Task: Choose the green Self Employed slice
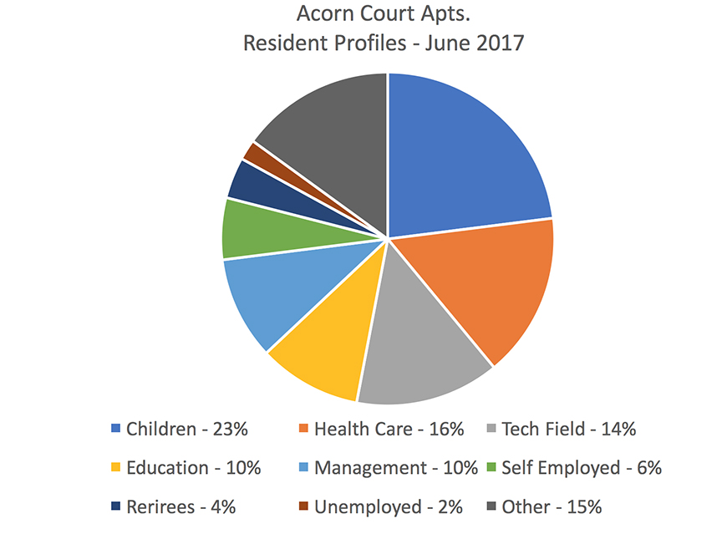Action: [251, 230]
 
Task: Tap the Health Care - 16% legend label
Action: [389, 430]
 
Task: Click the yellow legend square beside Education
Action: [115, 469]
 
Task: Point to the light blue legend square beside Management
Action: [303, 469]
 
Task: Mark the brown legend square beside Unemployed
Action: [303, 507]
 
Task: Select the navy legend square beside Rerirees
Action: [115, 507]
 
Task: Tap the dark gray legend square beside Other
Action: [490, 507]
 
